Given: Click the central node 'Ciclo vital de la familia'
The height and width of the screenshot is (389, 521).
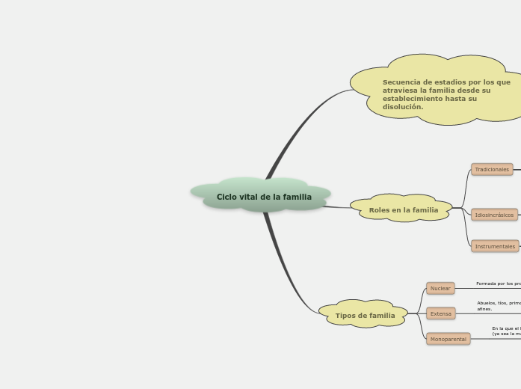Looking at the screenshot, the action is [x=264, y=197].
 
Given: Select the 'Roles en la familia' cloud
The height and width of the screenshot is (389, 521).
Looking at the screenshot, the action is [x=404, y=209].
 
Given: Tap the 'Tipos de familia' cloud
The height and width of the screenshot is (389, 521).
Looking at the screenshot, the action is [x=365, y=315].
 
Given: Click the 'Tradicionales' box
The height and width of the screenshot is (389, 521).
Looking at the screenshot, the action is [x=492, y=169].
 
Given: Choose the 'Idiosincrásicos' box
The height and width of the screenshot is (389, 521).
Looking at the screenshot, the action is [x=494, y=215].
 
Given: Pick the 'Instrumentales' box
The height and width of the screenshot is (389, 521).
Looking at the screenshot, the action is [x=495, y=246].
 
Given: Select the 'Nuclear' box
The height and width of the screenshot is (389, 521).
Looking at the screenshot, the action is [x=440, y=288].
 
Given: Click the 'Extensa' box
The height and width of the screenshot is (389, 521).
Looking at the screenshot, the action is [x=441, y=313].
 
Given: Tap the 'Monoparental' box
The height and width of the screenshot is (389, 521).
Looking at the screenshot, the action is [x=448, y=339].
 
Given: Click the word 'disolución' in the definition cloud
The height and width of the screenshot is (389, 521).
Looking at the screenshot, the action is [x=401, y=107].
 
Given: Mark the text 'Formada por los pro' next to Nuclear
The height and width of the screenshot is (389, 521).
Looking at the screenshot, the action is [x=498, y=284].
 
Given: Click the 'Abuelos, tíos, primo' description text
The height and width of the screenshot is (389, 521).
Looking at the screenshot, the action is [x=499, y=303].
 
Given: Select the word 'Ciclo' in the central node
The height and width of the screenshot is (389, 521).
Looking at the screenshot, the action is [x=226, y=197].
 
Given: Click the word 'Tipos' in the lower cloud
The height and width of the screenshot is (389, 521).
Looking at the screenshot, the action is [x=345, y=316].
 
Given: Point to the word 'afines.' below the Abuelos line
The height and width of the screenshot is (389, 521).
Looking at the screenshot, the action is [x=484, y=309].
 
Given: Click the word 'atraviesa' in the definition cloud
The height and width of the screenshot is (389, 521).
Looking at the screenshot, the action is [x=399, y=91].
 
